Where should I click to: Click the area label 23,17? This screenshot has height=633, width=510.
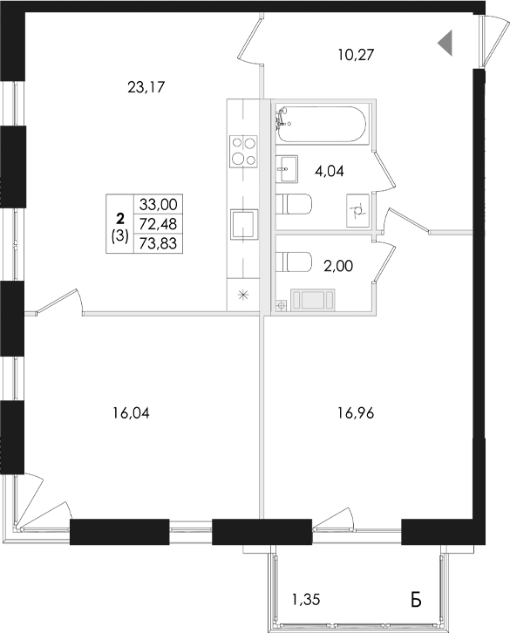pos(146,86)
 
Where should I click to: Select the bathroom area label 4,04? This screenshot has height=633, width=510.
pos(329,171)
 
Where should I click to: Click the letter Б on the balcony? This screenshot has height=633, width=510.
pos(416,599)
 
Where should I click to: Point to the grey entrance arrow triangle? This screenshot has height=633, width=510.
pos(445,41)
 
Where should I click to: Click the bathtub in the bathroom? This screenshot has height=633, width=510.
pos(322,128)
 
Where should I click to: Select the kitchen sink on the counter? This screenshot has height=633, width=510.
pos(243,225)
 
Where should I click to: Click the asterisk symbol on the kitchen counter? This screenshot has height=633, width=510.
pos(243,295)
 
